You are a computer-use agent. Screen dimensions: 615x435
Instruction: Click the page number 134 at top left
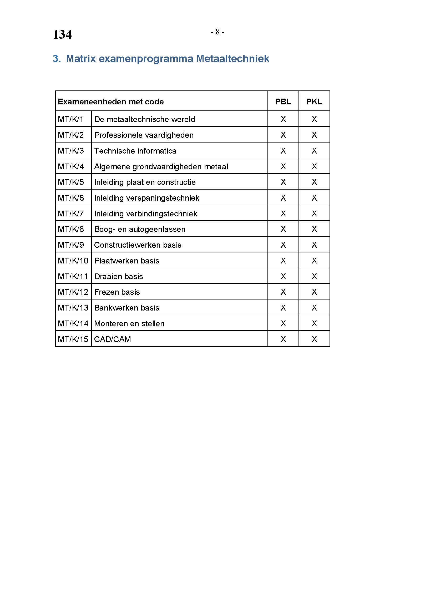tap(62, 34)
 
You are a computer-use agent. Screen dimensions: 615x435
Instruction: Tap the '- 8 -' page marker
tap(217, 32)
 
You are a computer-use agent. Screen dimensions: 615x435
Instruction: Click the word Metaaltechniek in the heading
tap(232, 59)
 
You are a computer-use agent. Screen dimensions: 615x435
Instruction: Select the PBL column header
tap(283, 101)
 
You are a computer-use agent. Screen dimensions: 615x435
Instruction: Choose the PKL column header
tap(314, 101)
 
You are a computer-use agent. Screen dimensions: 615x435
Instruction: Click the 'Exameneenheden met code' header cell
tap(111, 101)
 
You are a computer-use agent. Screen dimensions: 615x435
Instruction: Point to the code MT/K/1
tap(71, 119)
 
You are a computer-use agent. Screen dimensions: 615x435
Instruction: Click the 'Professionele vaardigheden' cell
tap(144, 135)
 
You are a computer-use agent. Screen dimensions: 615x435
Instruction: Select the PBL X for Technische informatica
tap(283, 151)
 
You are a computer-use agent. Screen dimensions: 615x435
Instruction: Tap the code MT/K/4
tap(71, 167)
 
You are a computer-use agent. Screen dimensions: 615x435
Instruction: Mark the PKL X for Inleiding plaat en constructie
tap(314, 182)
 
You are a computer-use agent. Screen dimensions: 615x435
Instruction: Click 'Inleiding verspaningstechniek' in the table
tap(146, 198)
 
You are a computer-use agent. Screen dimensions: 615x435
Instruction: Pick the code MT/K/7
tap(71, 214)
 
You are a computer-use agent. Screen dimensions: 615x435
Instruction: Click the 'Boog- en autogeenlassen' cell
tap(140, 229)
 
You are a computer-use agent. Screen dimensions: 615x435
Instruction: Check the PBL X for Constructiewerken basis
tap(283, 245)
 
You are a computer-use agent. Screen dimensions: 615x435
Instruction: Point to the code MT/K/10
tap(73, 261)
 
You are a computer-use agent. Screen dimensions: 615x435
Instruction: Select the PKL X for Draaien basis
tap(314, 276)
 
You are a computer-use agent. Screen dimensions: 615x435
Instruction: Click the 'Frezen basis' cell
tap(117, 292)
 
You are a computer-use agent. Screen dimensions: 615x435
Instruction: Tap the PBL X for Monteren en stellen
tap(283, 324)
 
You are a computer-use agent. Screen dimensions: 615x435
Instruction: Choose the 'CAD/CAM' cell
tap(113, 339)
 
